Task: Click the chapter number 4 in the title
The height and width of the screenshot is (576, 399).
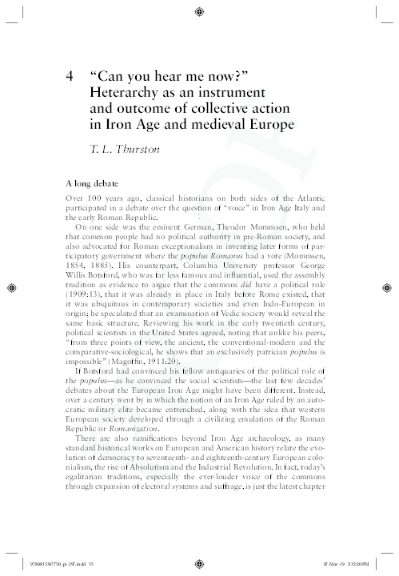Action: pyautogui.click(x=72, y=77)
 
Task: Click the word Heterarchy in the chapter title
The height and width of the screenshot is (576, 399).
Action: pyautogui.click(x=128, y=93)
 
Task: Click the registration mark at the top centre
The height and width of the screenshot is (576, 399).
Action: pyautogui.click(x=199, y=11)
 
